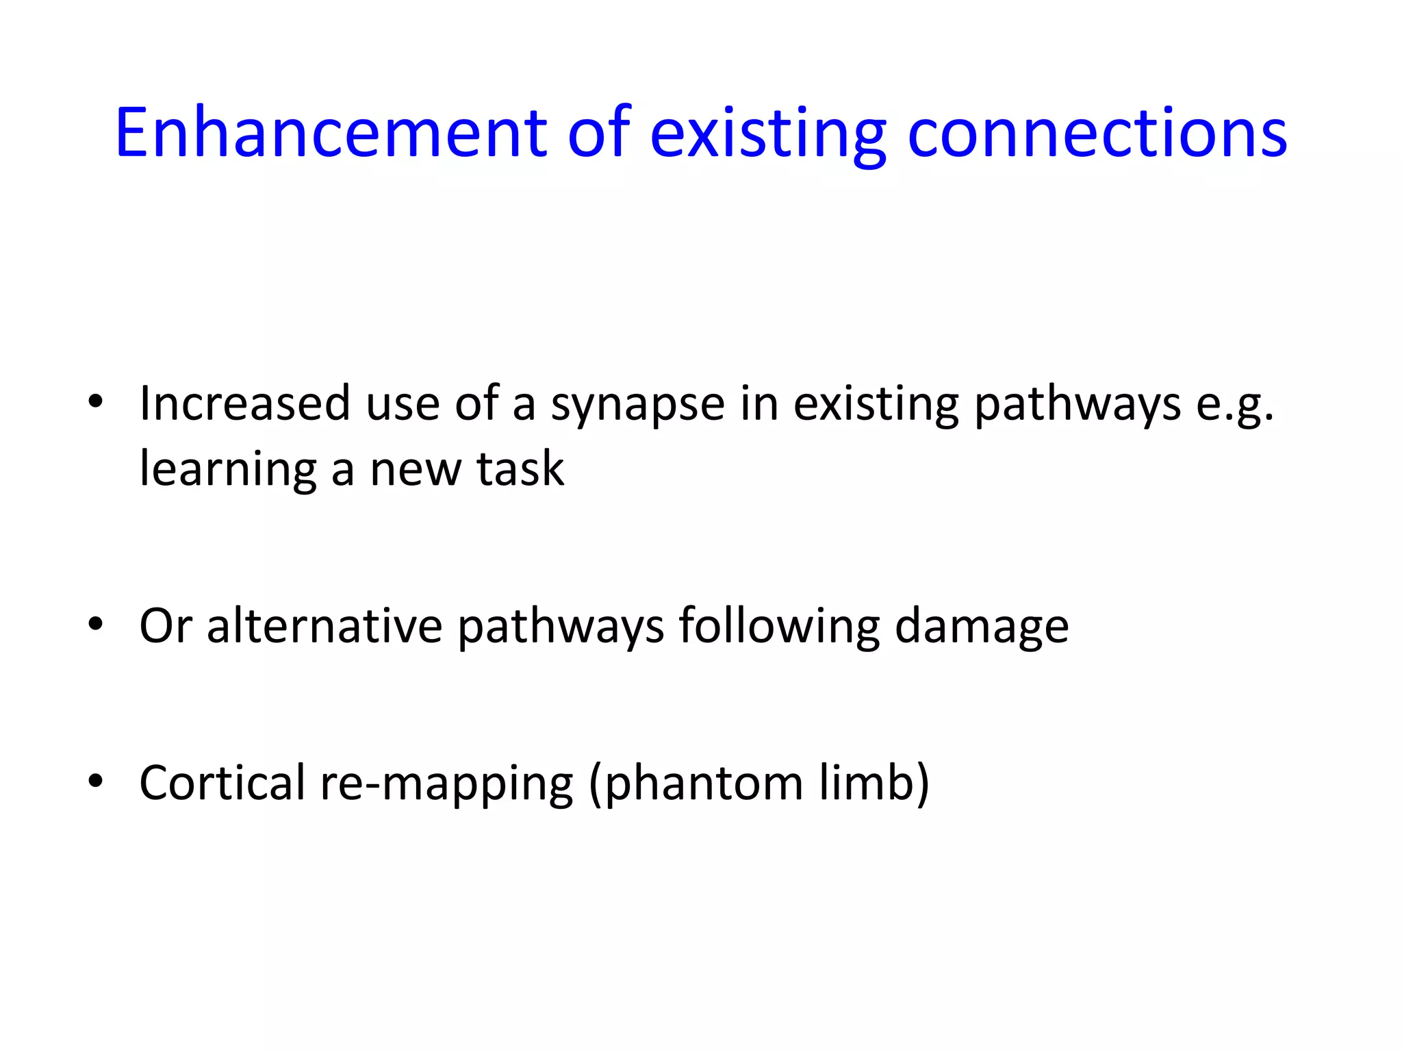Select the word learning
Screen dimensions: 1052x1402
[229, 471]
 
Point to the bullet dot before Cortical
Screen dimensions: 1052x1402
[95, 780]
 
